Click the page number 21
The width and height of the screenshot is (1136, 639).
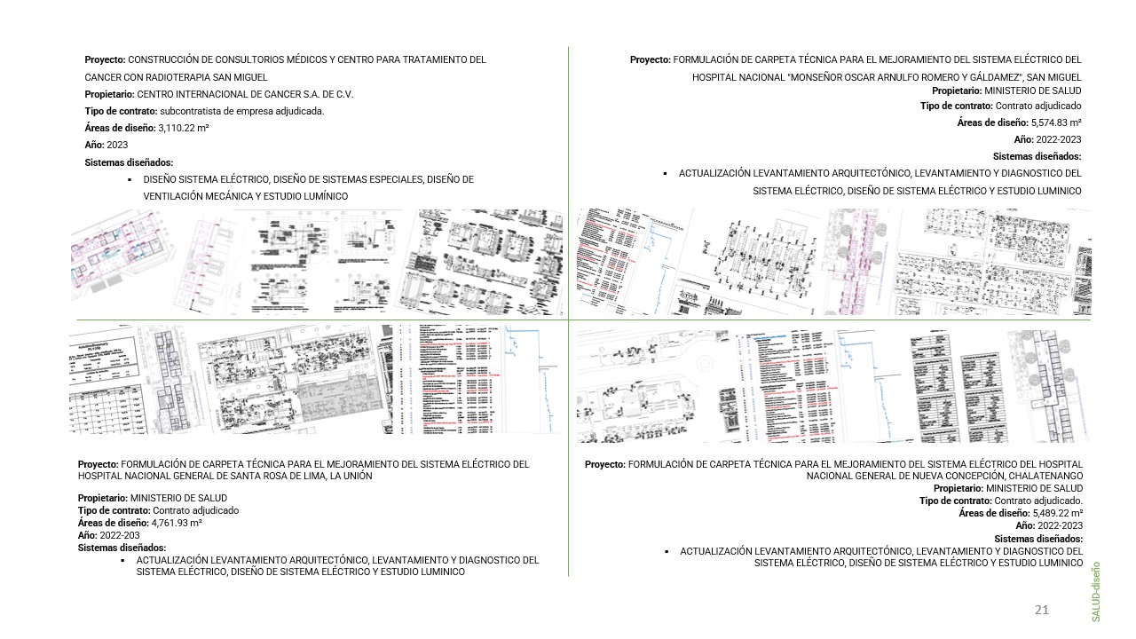1042,610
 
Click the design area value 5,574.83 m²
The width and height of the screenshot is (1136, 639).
1056,123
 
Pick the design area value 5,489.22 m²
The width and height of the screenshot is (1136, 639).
1057,513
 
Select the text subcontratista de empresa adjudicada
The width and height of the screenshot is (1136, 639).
241,111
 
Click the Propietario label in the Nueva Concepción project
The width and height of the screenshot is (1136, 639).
958,488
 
